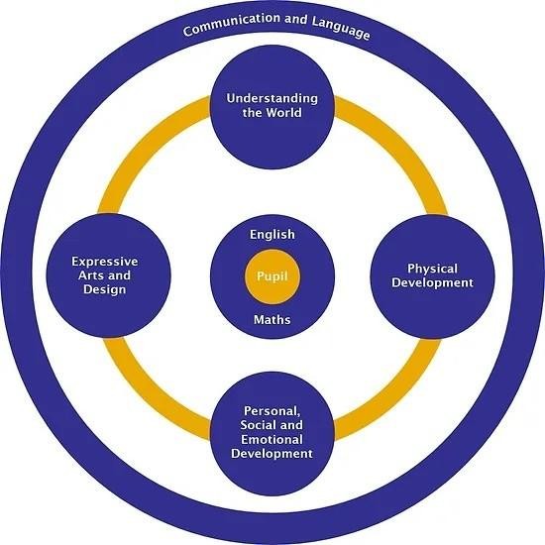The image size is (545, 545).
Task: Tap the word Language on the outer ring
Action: [x=341, y=27]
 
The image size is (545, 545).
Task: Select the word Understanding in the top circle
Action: [x=272, y=99]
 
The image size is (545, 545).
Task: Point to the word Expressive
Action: [x=105, y=262]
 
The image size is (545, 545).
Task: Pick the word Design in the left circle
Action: [x=105, y=289]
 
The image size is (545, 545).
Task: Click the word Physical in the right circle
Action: [x=432, y=269]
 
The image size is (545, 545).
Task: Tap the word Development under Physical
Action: [x=432, y=283]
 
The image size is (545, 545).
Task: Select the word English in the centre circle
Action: [x=272, y=235]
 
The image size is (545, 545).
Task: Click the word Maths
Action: [x=272, y=320]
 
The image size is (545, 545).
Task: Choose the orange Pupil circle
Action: [x=272, y=276]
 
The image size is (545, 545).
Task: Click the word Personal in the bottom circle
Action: [x=272, y=411]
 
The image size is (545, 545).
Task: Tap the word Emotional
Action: [x=272, y=440]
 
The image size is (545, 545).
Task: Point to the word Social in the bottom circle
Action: [x=258, y=425]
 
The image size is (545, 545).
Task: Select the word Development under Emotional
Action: [x=272, y=454]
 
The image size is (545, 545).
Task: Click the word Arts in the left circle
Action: [x=91, y=275]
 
